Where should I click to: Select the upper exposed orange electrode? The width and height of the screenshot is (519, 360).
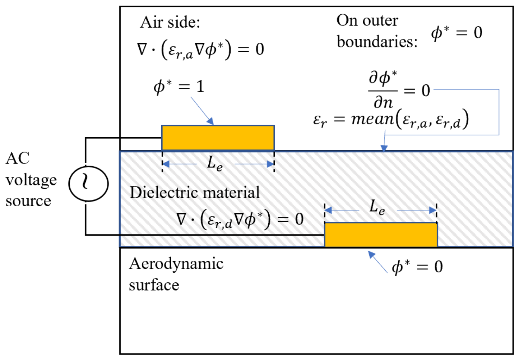pyautogui.click(x=218, y=138)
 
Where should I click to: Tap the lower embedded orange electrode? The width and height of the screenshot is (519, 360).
pyautogui.click(x=381, y=235)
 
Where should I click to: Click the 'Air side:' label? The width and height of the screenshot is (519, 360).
pyautogui.click(x=170, y=22)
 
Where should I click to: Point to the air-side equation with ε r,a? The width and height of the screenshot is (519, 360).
pyautogui.click(x=201, y=49)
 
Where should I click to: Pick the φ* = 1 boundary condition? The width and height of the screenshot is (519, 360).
pyautogui.click(x=179, y=87)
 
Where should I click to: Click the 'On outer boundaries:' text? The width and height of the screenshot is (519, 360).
pyautogui.click(x=377, y=31)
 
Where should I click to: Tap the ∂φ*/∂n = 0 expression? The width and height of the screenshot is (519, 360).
pyautogui.click(x=399, y=90)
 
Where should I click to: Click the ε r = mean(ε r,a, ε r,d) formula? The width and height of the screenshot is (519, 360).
pyautogui.click(x=391, y=119)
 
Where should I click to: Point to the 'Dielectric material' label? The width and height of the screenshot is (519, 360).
pyautogui.click(x=195, y=193)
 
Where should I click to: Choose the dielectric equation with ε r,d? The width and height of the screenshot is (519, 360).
pyautogui.click(x=240, y=219)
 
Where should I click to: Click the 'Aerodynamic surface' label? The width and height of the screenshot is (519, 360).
pyautogui.click(x=176, y=274)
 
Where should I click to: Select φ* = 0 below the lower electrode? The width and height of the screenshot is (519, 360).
pyautogui.click(x=417, y=267)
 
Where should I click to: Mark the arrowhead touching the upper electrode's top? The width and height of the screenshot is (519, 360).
pyautogui.click(x=210, y=121)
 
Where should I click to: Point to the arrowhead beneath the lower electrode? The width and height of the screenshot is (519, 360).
pyautogui.click(x=371, y=254)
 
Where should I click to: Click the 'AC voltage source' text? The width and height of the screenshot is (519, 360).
pyautogui.click(x=31, y=179)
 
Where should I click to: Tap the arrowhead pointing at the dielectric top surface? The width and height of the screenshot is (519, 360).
pyautogui.click(x=384, y=148)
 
